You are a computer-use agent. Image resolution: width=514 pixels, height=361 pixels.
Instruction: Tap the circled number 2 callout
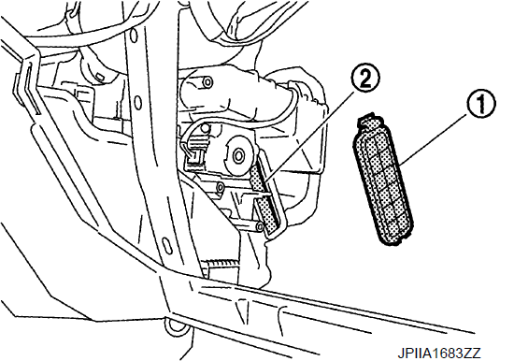point(365,78)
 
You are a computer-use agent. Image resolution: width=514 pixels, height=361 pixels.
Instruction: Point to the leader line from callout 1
point(435,137)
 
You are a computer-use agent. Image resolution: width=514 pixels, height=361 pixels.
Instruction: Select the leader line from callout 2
point(309,137)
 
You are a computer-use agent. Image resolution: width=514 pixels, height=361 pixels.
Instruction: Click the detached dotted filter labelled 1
point(383,180)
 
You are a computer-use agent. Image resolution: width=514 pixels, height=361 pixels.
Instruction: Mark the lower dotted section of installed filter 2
point(269,214)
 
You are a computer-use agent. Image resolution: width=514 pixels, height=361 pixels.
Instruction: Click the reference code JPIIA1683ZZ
point(439,354)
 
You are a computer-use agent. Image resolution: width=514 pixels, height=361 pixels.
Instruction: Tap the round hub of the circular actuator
point(237,154)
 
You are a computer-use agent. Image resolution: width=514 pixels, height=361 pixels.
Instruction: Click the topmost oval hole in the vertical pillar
point(133,36)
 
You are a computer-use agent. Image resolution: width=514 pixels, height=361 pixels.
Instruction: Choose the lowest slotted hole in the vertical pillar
point(167,246)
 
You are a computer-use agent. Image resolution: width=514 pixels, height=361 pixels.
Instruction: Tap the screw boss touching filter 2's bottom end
point(260,226)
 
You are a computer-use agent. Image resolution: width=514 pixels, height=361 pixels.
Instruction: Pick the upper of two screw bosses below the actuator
point(221,187)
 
